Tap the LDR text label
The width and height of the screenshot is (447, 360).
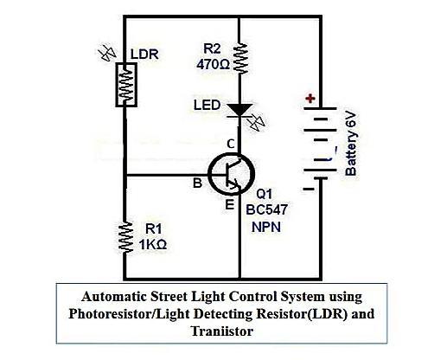144,53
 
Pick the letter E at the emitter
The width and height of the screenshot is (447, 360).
230,205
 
